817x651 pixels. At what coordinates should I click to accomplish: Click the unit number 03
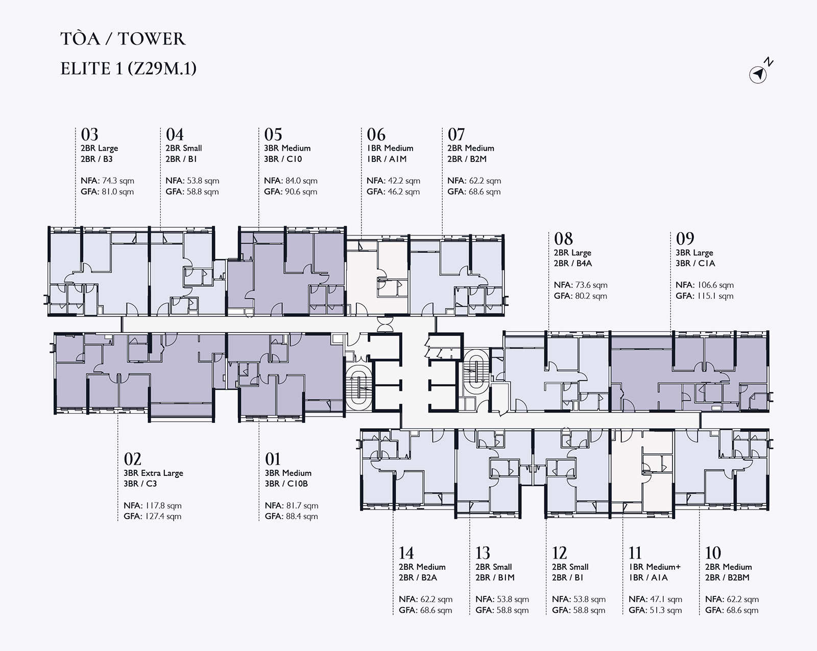coord(89,134)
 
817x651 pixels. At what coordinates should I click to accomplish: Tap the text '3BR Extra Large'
coord(153,473)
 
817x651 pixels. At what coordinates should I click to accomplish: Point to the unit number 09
coord(685,239)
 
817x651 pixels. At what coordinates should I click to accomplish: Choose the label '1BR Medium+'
coord(655,567)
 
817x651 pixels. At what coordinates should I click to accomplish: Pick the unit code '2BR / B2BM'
coord(728,577)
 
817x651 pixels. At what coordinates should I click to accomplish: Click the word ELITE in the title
coord(86,69)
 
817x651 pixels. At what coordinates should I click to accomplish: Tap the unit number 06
coord(376,134)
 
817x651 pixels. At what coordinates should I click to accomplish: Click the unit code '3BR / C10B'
coord(286,484)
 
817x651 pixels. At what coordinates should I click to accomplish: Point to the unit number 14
coord(406,552)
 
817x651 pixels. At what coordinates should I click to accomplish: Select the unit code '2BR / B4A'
coord(573,263)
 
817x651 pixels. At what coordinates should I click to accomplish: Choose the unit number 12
coord(559,552)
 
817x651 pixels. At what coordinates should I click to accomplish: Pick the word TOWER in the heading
coord(152,39)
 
